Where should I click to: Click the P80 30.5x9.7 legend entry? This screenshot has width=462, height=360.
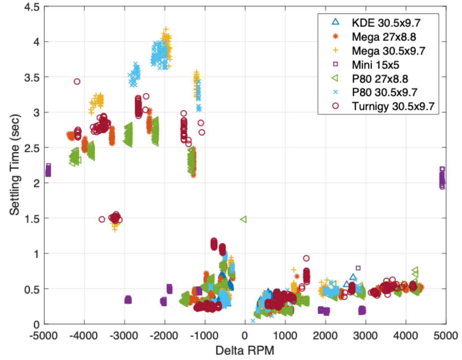coord(378,92)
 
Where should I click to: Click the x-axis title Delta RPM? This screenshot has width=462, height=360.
coord(245,350)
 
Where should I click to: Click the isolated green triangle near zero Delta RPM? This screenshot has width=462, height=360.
coord(243,219)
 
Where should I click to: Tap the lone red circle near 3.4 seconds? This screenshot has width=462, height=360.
coord(77,82)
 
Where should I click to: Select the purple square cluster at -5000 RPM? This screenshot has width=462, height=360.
coord(48,171)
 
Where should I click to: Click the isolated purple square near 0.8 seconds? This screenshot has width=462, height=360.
coord(358,268)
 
